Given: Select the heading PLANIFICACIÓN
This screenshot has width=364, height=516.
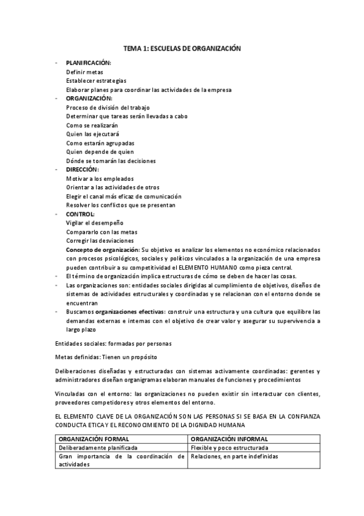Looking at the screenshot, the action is pyautogui.click(x=89, y=63).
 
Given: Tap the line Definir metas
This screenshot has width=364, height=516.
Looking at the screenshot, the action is pyautogui.click(x=84, y=72).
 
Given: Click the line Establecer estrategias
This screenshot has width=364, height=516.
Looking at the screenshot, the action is pyautogui.click(x=96, y=80).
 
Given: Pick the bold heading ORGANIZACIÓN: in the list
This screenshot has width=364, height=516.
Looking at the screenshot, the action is pyautogui.click(x=89, y=99).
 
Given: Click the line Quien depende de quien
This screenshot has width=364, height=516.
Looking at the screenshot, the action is pyautogui.click(x=100, y=152).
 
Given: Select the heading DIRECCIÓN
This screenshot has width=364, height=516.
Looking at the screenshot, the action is pyautogui.click(x=83, y=170).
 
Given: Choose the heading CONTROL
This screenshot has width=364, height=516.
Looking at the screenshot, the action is pyautogui.click(x=80, y=214).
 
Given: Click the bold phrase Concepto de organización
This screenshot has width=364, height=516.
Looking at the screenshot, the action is pyautogui.click(x=103, y=250).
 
